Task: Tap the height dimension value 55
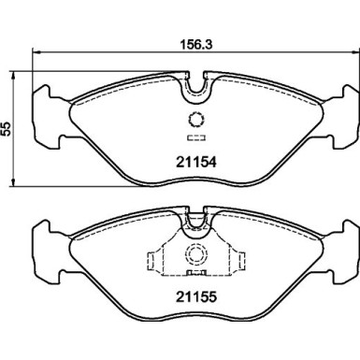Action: tap(7, 129)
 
